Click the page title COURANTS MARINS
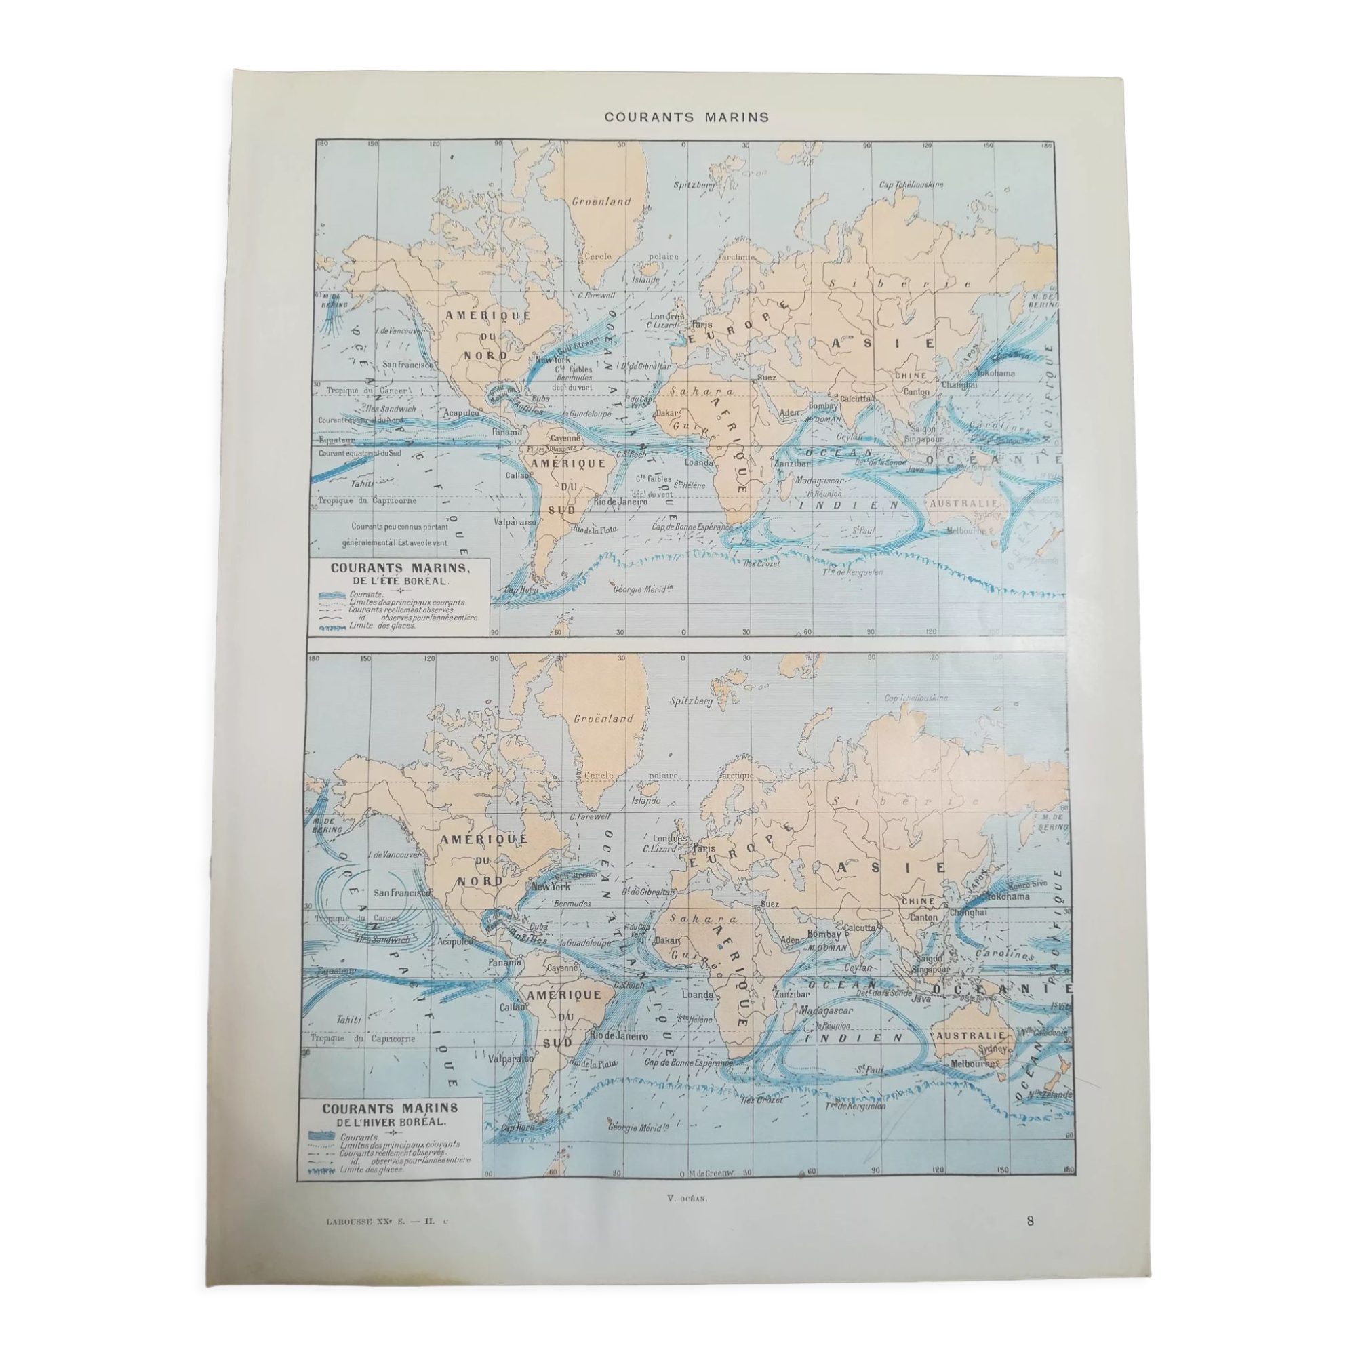tap(686, 117)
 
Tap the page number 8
tap(1030, 1220)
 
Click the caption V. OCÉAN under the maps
tap(687, 1199)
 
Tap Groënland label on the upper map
tap(601, 201)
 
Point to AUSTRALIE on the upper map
tap(963, 504)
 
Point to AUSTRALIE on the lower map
tap(970, 1036)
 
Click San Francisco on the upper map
tap(408, 365)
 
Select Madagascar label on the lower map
tap(825, 1011)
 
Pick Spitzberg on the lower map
tap(692, 700)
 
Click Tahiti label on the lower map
tap(348, 1019)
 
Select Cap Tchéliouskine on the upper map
tap(911, 184)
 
